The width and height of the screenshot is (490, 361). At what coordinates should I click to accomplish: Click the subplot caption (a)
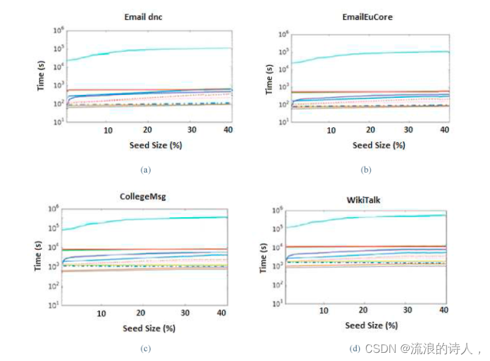click(146, 169)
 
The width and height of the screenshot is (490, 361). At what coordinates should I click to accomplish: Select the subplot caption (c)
click(146, 348)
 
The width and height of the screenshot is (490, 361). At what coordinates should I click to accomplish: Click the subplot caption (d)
click(354, 348)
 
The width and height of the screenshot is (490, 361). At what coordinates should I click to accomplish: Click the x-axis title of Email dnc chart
click(146, 145)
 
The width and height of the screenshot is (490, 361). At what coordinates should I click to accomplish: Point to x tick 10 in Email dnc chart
click(107, 130)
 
